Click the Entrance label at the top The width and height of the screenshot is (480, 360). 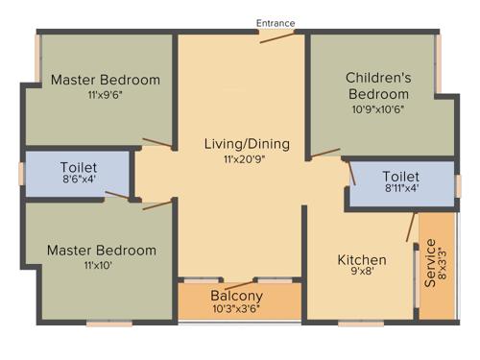276,23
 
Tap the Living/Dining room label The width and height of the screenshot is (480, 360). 247,144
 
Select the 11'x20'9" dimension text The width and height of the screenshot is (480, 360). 247,159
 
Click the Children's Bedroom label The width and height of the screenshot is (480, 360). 378,85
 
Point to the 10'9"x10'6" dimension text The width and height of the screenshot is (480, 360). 378,109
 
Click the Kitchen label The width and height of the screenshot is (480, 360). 361,259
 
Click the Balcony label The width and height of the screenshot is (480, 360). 236,296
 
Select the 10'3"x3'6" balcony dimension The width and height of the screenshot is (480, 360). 236,310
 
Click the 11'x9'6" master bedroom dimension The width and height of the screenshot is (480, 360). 105,96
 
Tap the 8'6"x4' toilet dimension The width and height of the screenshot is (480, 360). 78,180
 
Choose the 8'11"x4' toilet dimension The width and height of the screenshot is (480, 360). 400,190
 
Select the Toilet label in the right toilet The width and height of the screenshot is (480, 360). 400,177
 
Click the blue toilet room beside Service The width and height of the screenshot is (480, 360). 400,183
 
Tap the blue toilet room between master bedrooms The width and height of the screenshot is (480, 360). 77,174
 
